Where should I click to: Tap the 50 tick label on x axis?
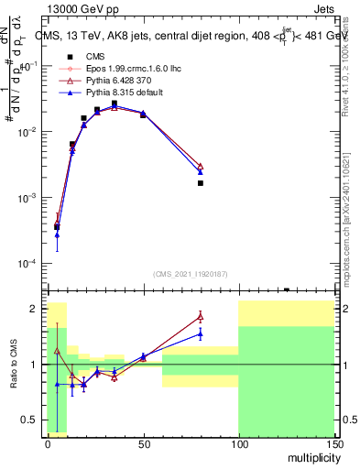143,443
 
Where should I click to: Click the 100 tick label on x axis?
238,443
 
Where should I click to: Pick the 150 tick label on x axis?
333,443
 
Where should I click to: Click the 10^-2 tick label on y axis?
30,133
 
